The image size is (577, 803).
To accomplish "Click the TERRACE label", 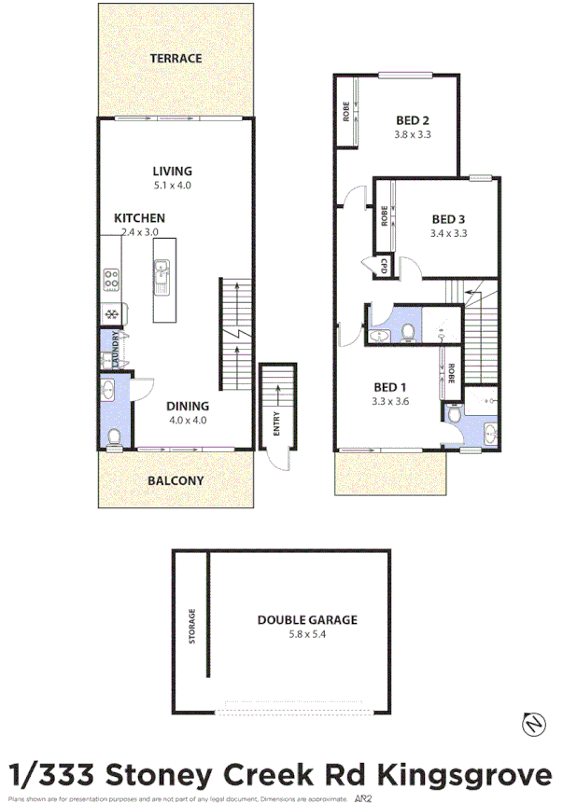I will (x=176, y=58).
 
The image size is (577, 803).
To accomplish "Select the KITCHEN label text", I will (x=139, y=217).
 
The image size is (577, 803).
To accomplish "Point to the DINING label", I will (x=187, y=406).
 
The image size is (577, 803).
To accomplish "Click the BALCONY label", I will (x=176, y=480).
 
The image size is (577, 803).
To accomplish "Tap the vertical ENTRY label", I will (x=276, y=425).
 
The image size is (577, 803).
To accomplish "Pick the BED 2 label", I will (x=412, y=119).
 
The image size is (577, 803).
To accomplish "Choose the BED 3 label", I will (x=448, y=219).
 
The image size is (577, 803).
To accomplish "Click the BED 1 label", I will (x=390, y=387).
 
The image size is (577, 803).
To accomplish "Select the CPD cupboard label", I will (x=383, y=267).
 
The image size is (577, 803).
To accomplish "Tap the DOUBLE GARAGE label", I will (x=307, y=619).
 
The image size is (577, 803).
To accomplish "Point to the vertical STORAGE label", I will (x=192, y=627).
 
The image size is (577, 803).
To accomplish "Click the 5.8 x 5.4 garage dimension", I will (x=307, y=634).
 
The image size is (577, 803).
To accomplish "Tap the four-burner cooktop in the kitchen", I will (x=111, y=278).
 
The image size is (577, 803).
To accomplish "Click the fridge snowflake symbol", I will (x=111, y=315).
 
